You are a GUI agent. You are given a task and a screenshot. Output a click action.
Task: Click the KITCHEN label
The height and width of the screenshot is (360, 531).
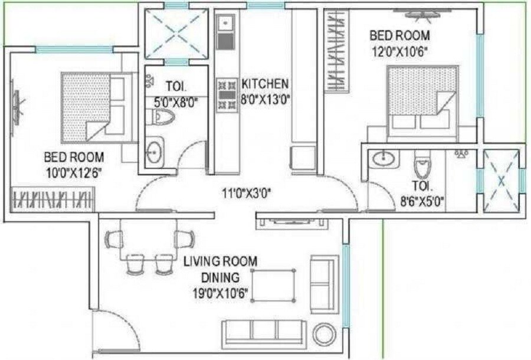coord(264,84)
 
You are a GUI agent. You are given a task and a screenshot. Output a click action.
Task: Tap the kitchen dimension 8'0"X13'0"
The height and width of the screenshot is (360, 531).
coord(265,99)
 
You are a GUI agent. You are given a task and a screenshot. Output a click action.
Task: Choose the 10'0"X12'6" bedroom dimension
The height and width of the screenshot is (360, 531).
coord(74,173)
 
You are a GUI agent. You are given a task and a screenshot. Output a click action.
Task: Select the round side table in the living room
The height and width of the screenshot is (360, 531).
coord(324,335)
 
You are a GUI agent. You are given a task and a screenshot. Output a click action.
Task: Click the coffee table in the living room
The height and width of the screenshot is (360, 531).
coord(273,286)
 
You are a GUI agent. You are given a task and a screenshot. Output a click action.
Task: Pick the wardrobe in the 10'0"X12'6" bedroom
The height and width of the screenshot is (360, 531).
coord(53,198)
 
